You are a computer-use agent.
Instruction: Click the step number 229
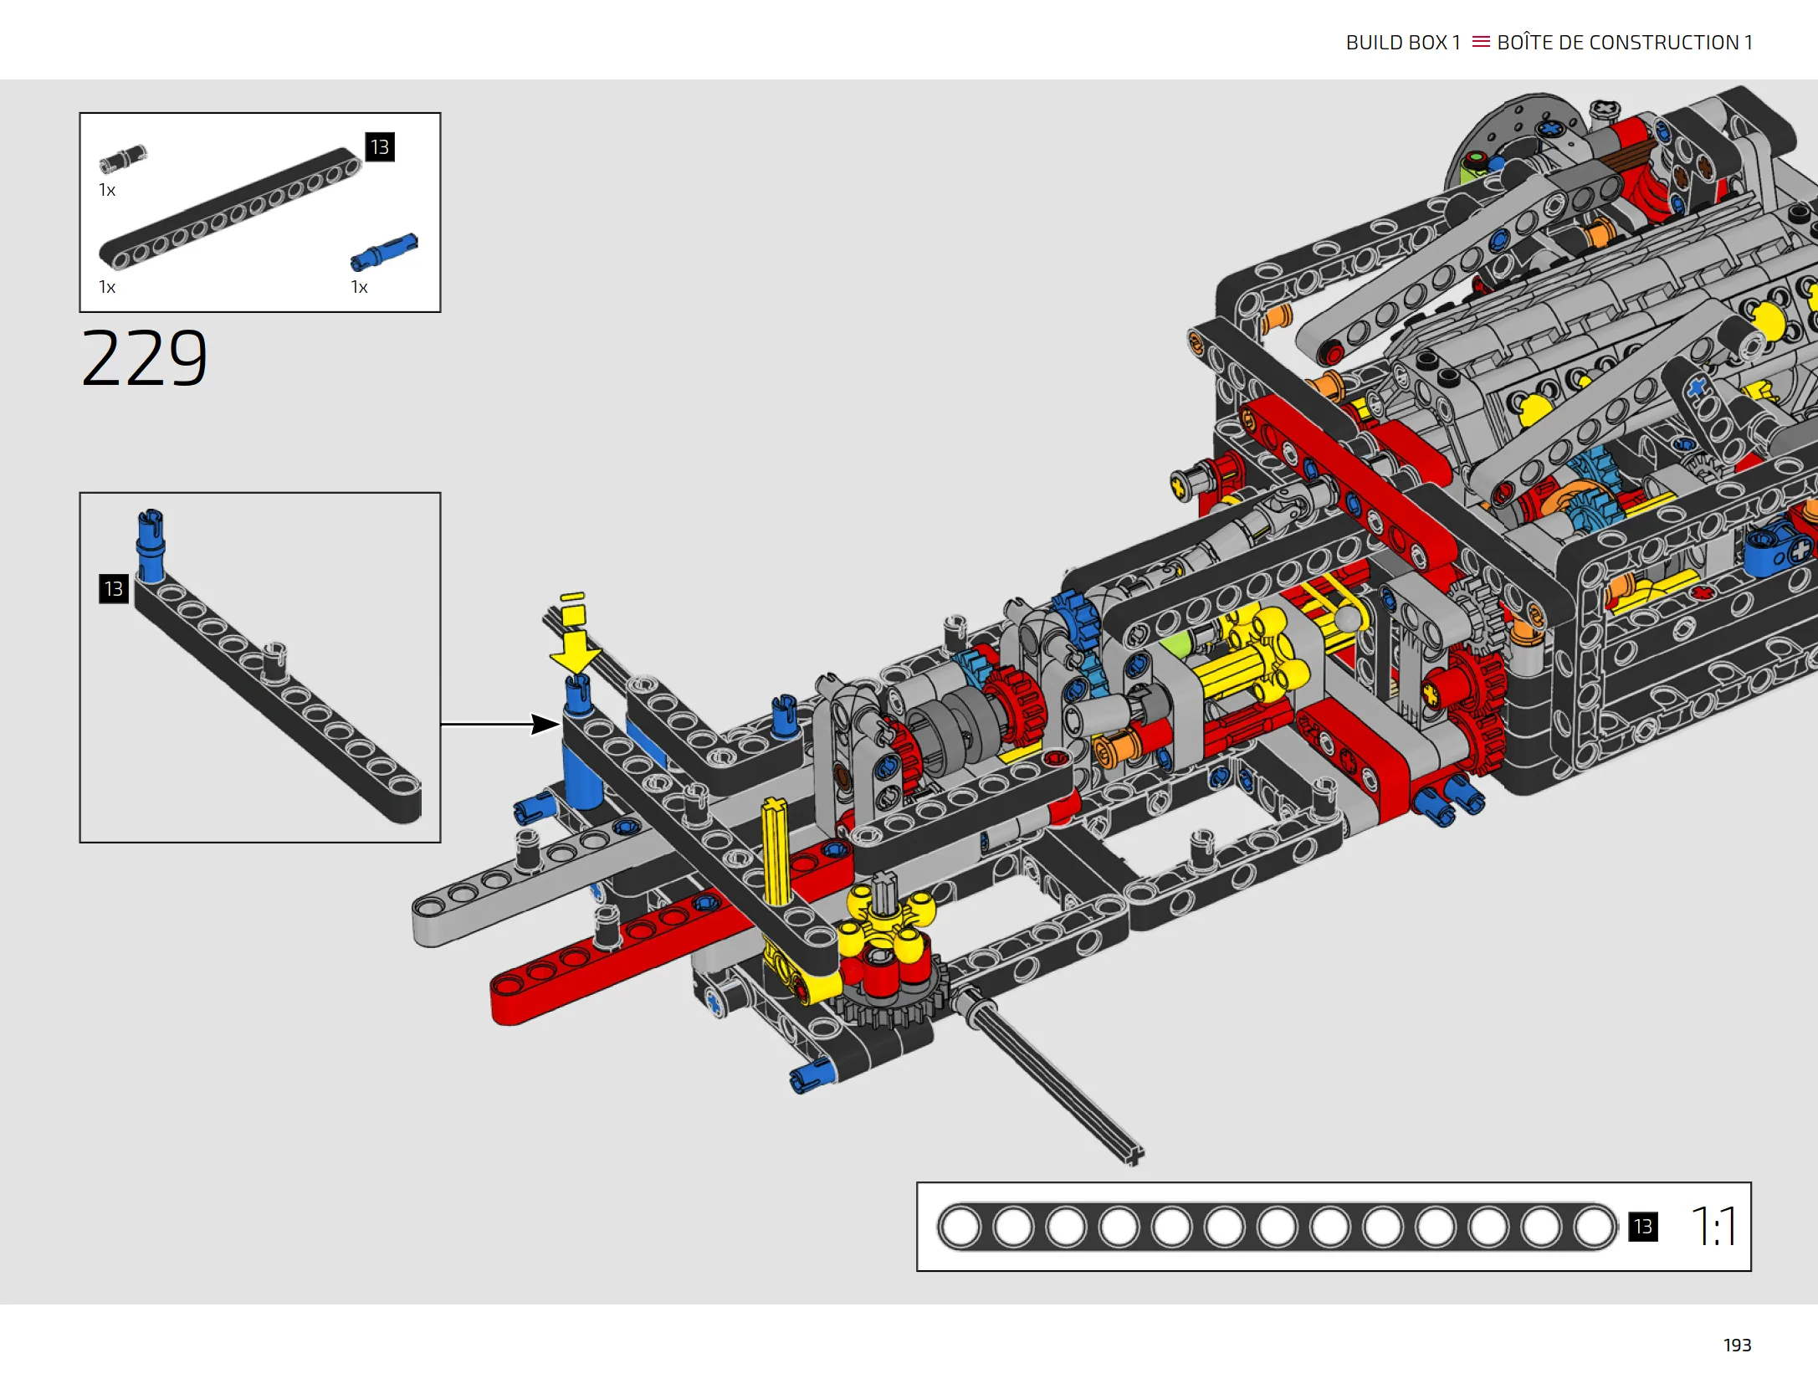tap(144, 357)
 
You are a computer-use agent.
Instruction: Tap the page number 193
tap(1737, 1345)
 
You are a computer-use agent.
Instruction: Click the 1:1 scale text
tap(1713, 1226)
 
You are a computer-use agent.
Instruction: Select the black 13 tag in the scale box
tap(1642, 1227)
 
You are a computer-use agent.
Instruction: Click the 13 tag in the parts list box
tap(380, 147)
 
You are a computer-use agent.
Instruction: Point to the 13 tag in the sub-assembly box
tap(114, 588)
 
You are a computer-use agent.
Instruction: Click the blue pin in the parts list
tap(384, 252)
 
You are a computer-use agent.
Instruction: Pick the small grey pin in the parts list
tap(123, 159)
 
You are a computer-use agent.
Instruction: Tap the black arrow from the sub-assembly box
tap(500, 724)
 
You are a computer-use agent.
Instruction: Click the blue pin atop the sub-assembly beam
tap(151, 545)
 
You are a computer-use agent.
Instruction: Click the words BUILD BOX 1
tap(1403, 43)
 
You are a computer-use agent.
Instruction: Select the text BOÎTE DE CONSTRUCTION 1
tap(1625, 42)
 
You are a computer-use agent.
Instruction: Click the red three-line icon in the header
tap(1481, 42)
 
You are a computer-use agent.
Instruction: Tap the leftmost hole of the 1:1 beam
tap(960, 1228)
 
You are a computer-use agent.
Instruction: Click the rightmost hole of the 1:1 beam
tap(1594, 1228)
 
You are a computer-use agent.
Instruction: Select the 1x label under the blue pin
tap(359, 287)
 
